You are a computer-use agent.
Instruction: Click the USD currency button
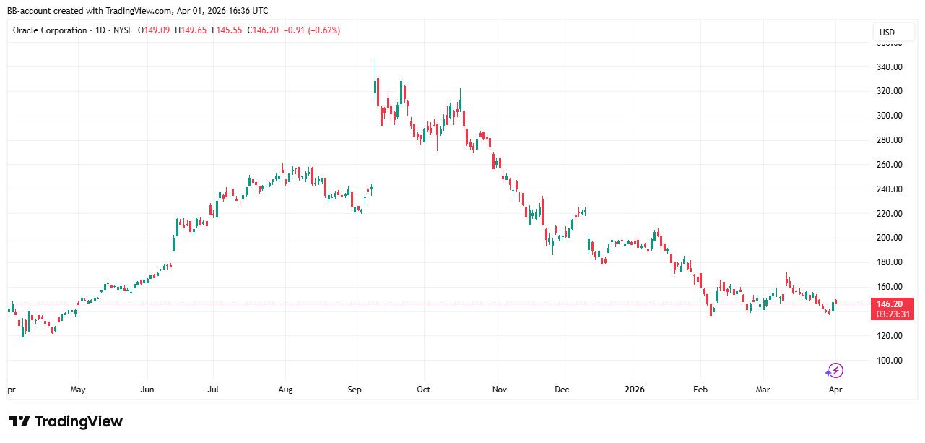click(x=886, y=32)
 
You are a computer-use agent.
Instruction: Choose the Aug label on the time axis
click(x=285, y=390)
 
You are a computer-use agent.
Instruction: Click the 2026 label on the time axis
click(x=635, y=390)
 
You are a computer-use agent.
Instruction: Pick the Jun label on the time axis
click(x=147, y=390)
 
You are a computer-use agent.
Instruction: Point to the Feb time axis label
click(x=700, y=390)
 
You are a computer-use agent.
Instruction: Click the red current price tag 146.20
click(x=893, y=304)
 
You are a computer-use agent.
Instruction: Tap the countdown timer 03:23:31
click(x=893, y=314)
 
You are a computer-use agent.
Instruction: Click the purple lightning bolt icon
click(x=834, y=371)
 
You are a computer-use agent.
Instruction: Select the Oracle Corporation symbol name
click(x=50, y=30)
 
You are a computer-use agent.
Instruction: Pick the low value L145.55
click(x=227, y=30)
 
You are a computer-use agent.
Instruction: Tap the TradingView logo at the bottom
click(x=66, y=421)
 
